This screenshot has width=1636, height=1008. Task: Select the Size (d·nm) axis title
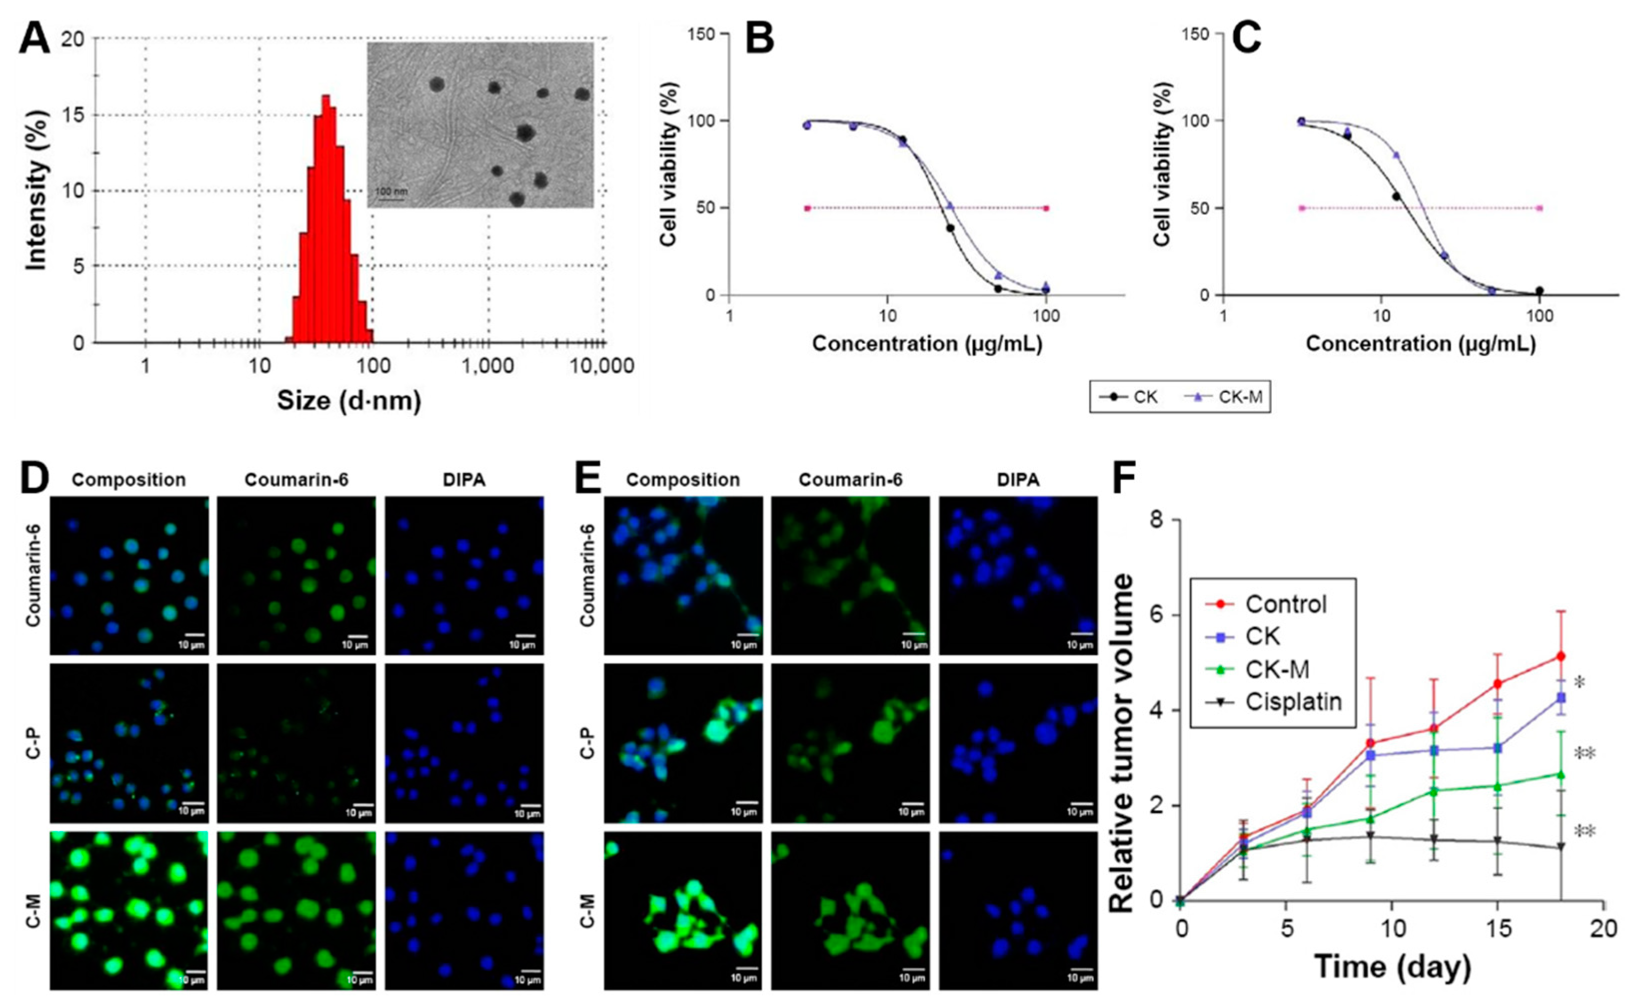[349, 401]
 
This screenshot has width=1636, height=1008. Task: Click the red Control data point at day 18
[1560, 657]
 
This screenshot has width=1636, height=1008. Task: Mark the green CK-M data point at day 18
[1560, 775]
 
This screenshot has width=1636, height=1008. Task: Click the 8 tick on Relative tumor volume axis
[1157, 520]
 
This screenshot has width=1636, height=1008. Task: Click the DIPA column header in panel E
[1018, 480]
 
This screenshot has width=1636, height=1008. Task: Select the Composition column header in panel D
[128, 480]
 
